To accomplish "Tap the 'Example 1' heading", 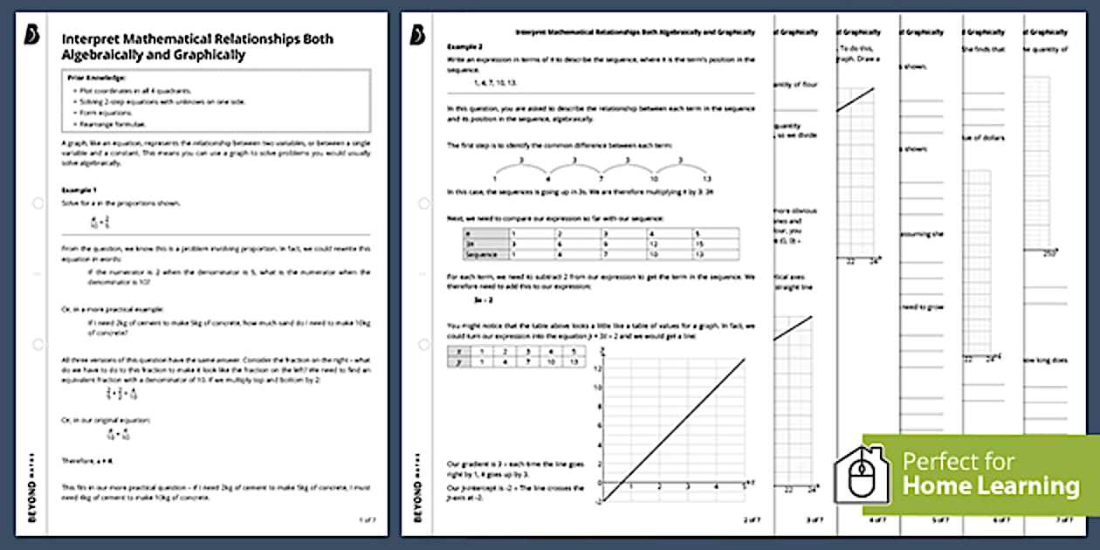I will [79, 189].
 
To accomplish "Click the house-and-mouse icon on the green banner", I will [861, 476].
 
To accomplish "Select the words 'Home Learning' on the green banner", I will [990, 486].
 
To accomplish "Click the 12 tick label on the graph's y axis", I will [598, 368].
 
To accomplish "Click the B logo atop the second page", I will [417, 34].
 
